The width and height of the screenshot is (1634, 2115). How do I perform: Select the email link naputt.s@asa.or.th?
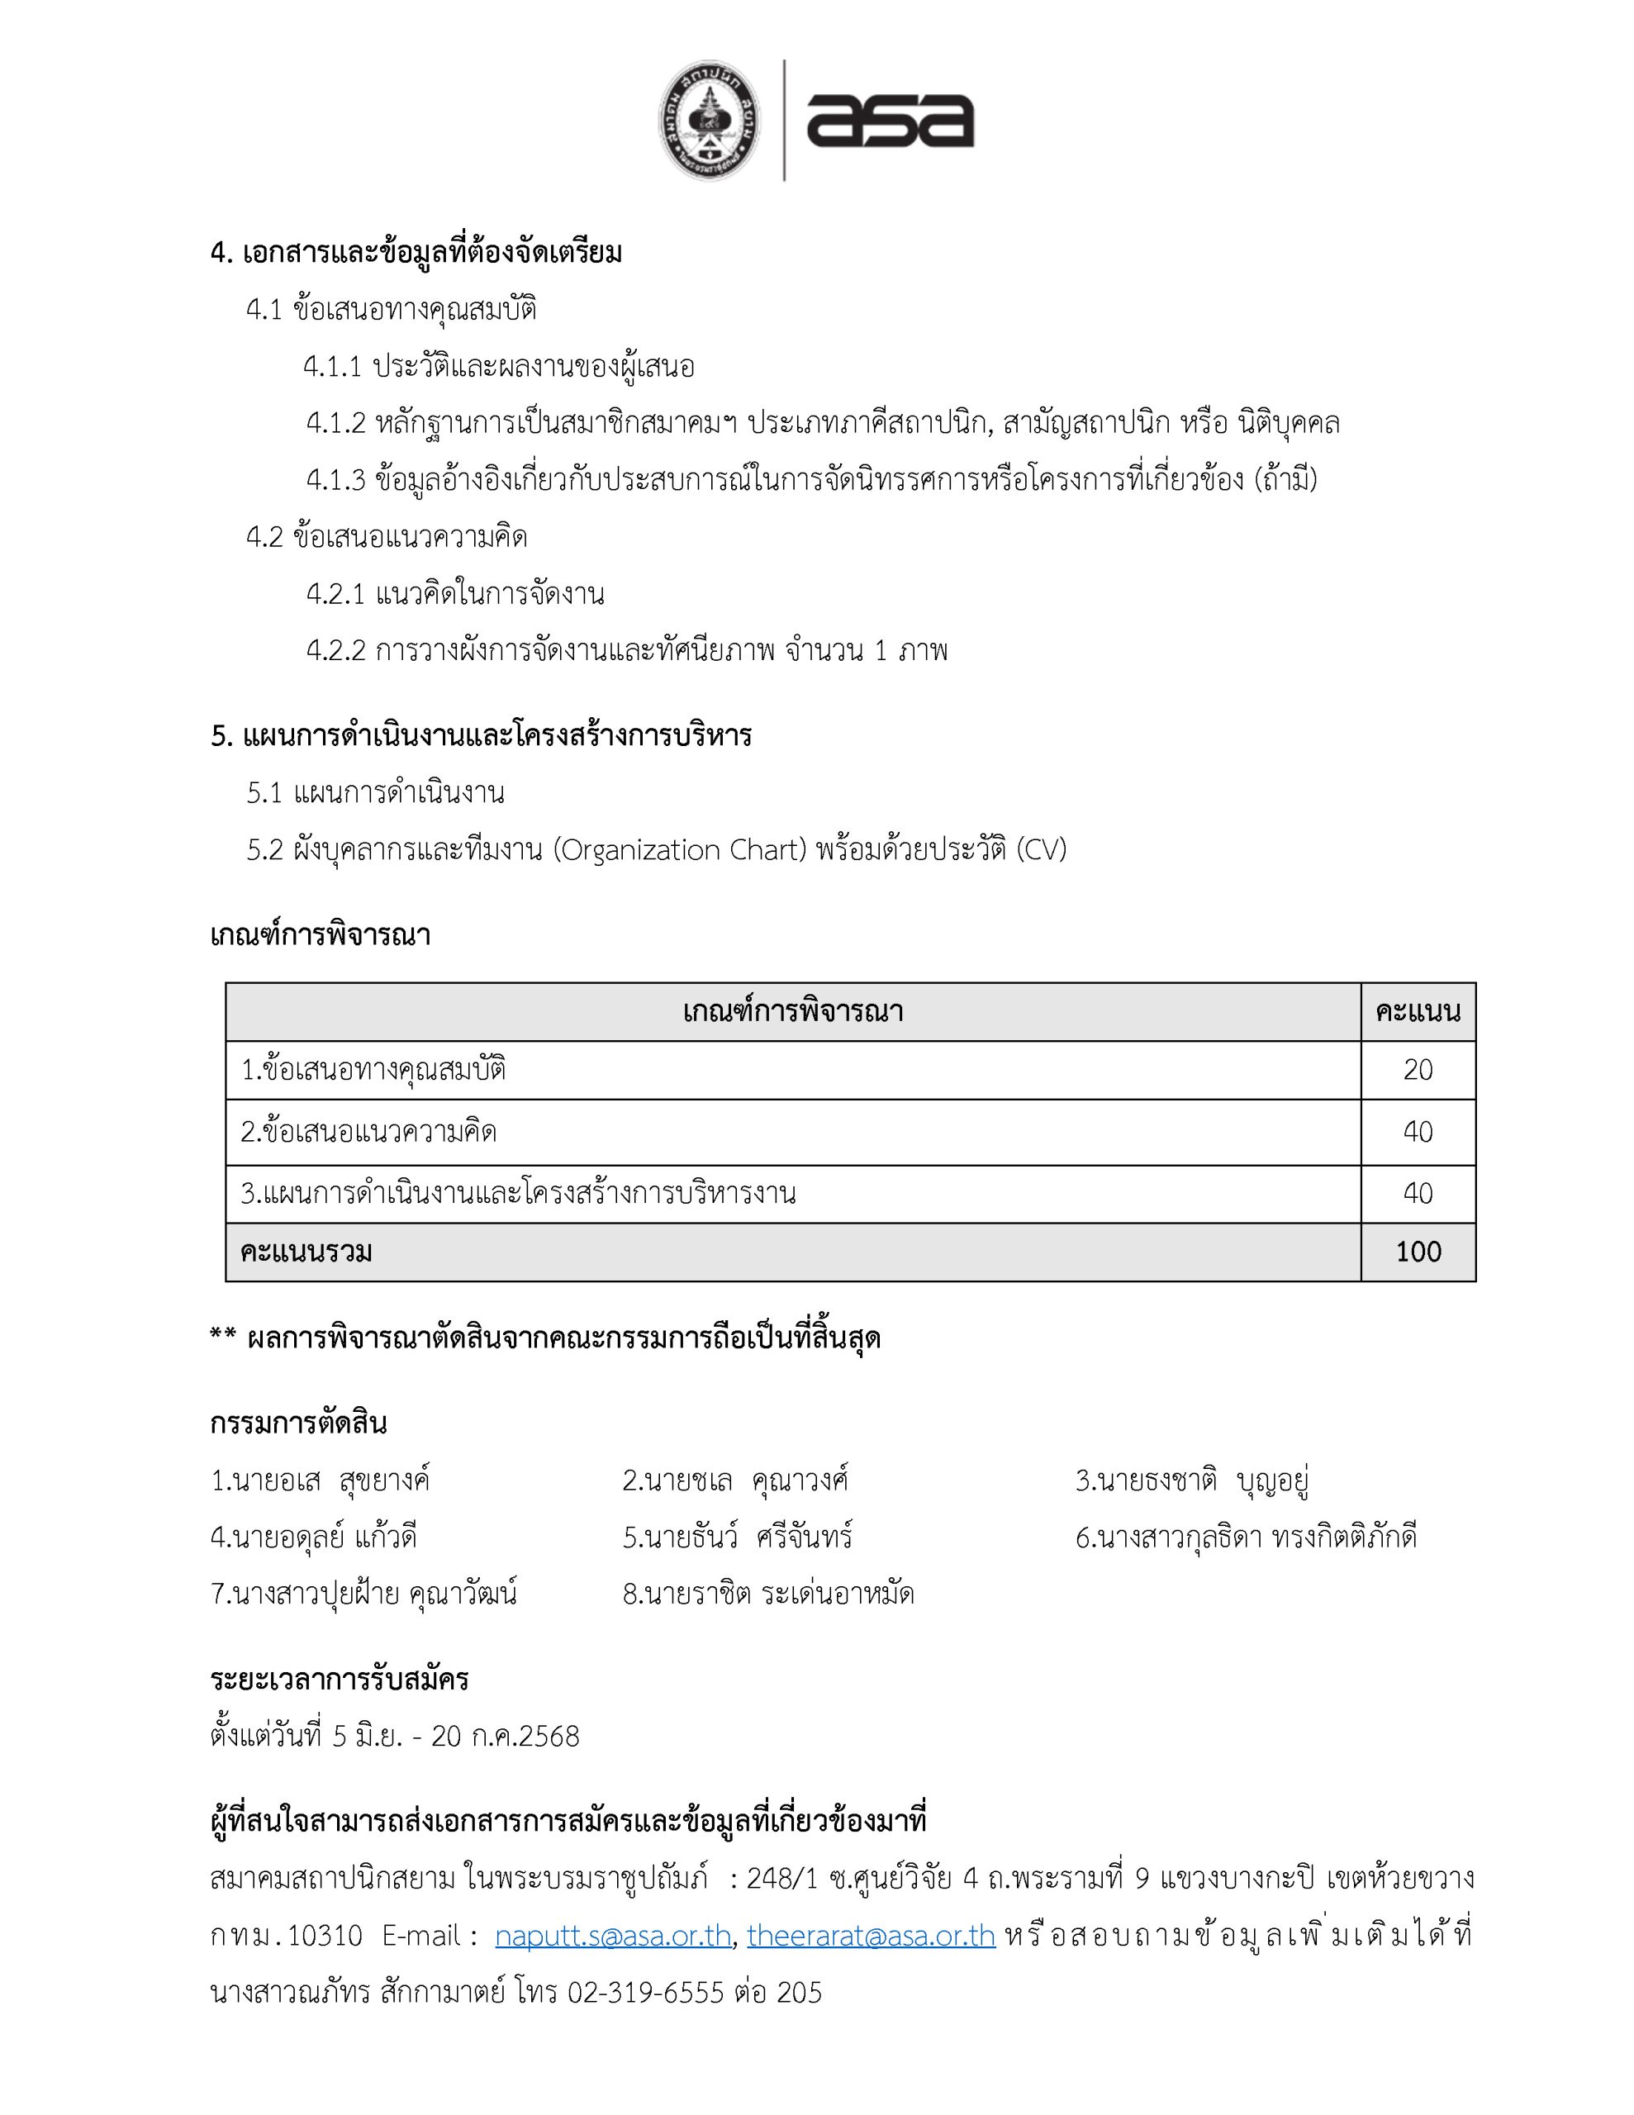[612, 1935]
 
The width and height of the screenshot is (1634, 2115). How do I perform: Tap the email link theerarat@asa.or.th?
[871, 1935]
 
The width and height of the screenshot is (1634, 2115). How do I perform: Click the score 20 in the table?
[1417, 1070]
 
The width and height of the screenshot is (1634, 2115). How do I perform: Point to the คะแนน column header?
[1417, 1012]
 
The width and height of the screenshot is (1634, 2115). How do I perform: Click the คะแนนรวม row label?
[306, 1252]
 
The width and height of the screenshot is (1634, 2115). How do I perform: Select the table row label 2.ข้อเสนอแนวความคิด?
[368, 1131]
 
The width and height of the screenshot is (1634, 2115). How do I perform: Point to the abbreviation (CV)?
[1041, 849]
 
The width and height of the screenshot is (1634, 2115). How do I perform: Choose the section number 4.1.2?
[336, 423]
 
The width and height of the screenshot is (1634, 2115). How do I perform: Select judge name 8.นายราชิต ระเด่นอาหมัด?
[768, 1593]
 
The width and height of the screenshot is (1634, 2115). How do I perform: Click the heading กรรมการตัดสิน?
[298, 1423]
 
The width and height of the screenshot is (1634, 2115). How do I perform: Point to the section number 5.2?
[264, 849]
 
